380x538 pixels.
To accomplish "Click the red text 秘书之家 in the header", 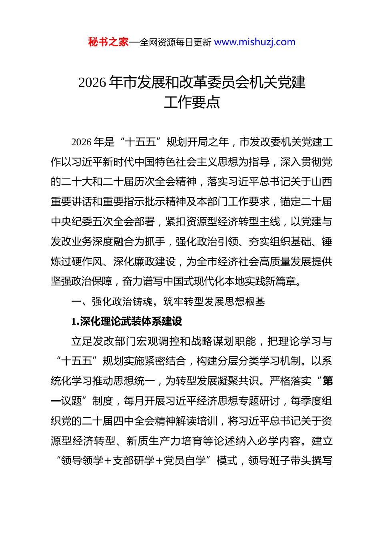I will coord(108,42).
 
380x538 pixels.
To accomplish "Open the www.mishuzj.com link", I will coord(255,42).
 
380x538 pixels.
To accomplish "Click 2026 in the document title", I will coord(92,82).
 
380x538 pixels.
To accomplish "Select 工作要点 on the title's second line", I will coord(192,102).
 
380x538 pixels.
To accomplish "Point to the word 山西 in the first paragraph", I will coord(322,182).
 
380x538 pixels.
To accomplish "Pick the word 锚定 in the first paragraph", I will coord(291,202).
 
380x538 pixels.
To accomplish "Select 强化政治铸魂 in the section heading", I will coord(122,301).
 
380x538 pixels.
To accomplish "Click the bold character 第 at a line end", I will coord(328,381).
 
